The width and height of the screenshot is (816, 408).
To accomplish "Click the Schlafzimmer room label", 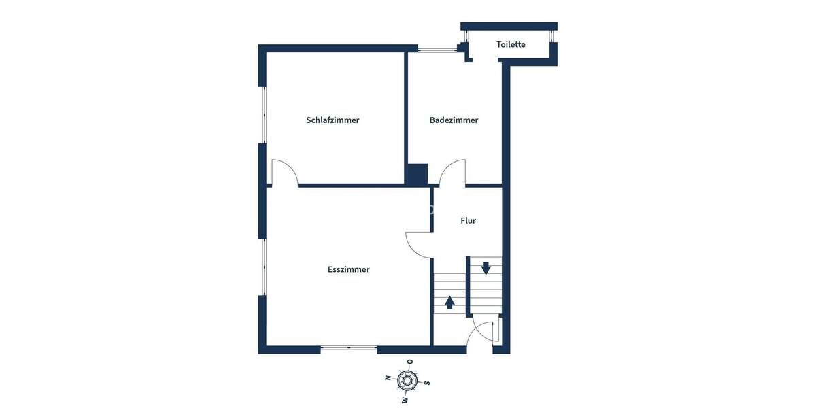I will tap(333, 120).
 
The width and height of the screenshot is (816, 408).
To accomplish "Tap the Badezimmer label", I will tap(454, 120).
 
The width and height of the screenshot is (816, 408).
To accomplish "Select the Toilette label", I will tap(511, 44).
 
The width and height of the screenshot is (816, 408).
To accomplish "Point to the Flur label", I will tap(468, 220).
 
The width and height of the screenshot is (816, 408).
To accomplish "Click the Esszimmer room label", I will tap(348, 269).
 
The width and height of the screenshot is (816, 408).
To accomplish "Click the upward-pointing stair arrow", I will tap(449, 301).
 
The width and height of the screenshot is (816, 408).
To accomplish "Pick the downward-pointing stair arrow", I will tap(486, 268).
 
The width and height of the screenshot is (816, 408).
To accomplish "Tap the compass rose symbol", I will tap(407, 380).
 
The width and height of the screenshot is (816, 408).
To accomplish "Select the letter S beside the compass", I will tap(427, 383).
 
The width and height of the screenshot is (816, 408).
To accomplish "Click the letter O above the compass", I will tap(409, 361).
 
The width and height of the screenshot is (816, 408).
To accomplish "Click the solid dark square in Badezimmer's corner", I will tap(416, 174).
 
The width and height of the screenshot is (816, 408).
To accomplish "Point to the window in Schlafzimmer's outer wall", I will tap(263, 115).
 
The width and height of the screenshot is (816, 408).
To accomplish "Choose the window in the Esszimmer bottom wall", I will tap(349, 348).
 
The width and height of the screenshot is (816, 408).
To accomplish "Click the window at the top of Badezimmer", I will tap(437, 49).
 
